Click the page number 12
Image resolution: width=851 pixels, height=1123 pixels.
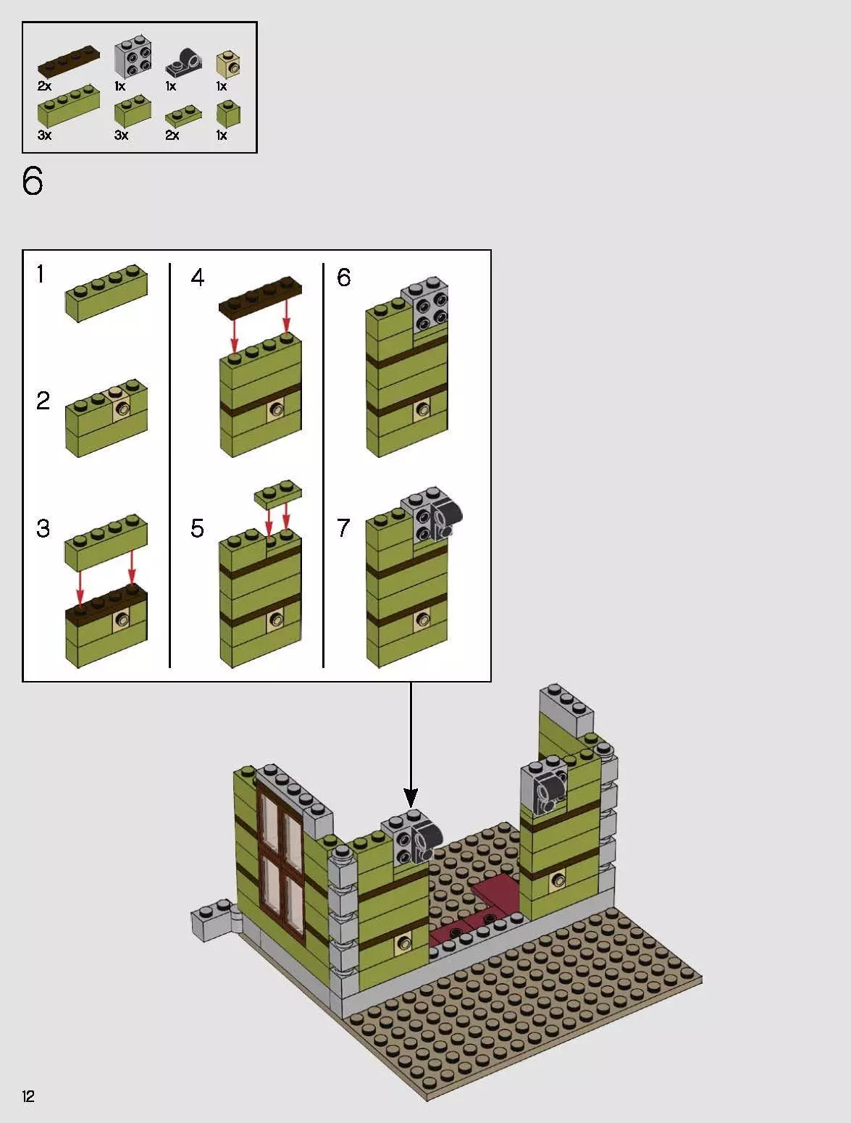click(28, 1096)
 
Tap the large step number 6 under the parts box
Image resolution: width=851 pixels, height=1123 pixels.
click(33, 181)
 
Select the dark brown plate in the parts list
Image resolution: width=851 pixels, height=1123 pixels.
click(69, 62)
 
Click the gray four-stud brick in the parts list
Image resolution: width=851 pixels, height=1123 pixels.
click(133, 59)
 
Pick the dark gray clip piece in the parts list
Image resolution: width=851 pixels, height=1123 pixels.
click(183, 64)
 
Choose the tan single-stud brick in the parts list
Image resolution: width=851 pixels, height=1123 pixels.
click(229, 64)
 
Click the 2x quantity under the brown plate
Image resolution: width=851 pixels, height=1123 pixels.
click(44, 86)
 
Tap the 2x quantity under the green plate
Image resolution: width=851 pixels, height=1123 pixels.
click(172, 135)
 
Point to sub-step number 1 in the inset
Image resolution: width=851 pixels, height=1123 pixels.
click(41, 275)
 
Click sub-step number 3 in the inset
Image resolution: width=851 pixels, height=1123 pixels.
click(43, 528)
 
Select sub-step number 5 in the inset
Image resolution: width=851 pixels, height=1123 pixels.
click(197, 529)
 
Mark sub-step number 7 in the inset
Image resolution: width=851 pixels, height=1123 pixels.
click(343, 528)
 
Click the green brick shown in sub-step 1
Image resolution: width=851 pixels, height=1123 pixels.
click(106, 293)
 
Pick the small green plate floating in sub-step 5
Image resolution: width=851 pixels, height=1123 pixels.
click(277, 494)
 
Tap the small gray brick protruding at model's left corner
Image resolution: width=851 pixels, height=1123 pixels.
click(210, 921)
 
